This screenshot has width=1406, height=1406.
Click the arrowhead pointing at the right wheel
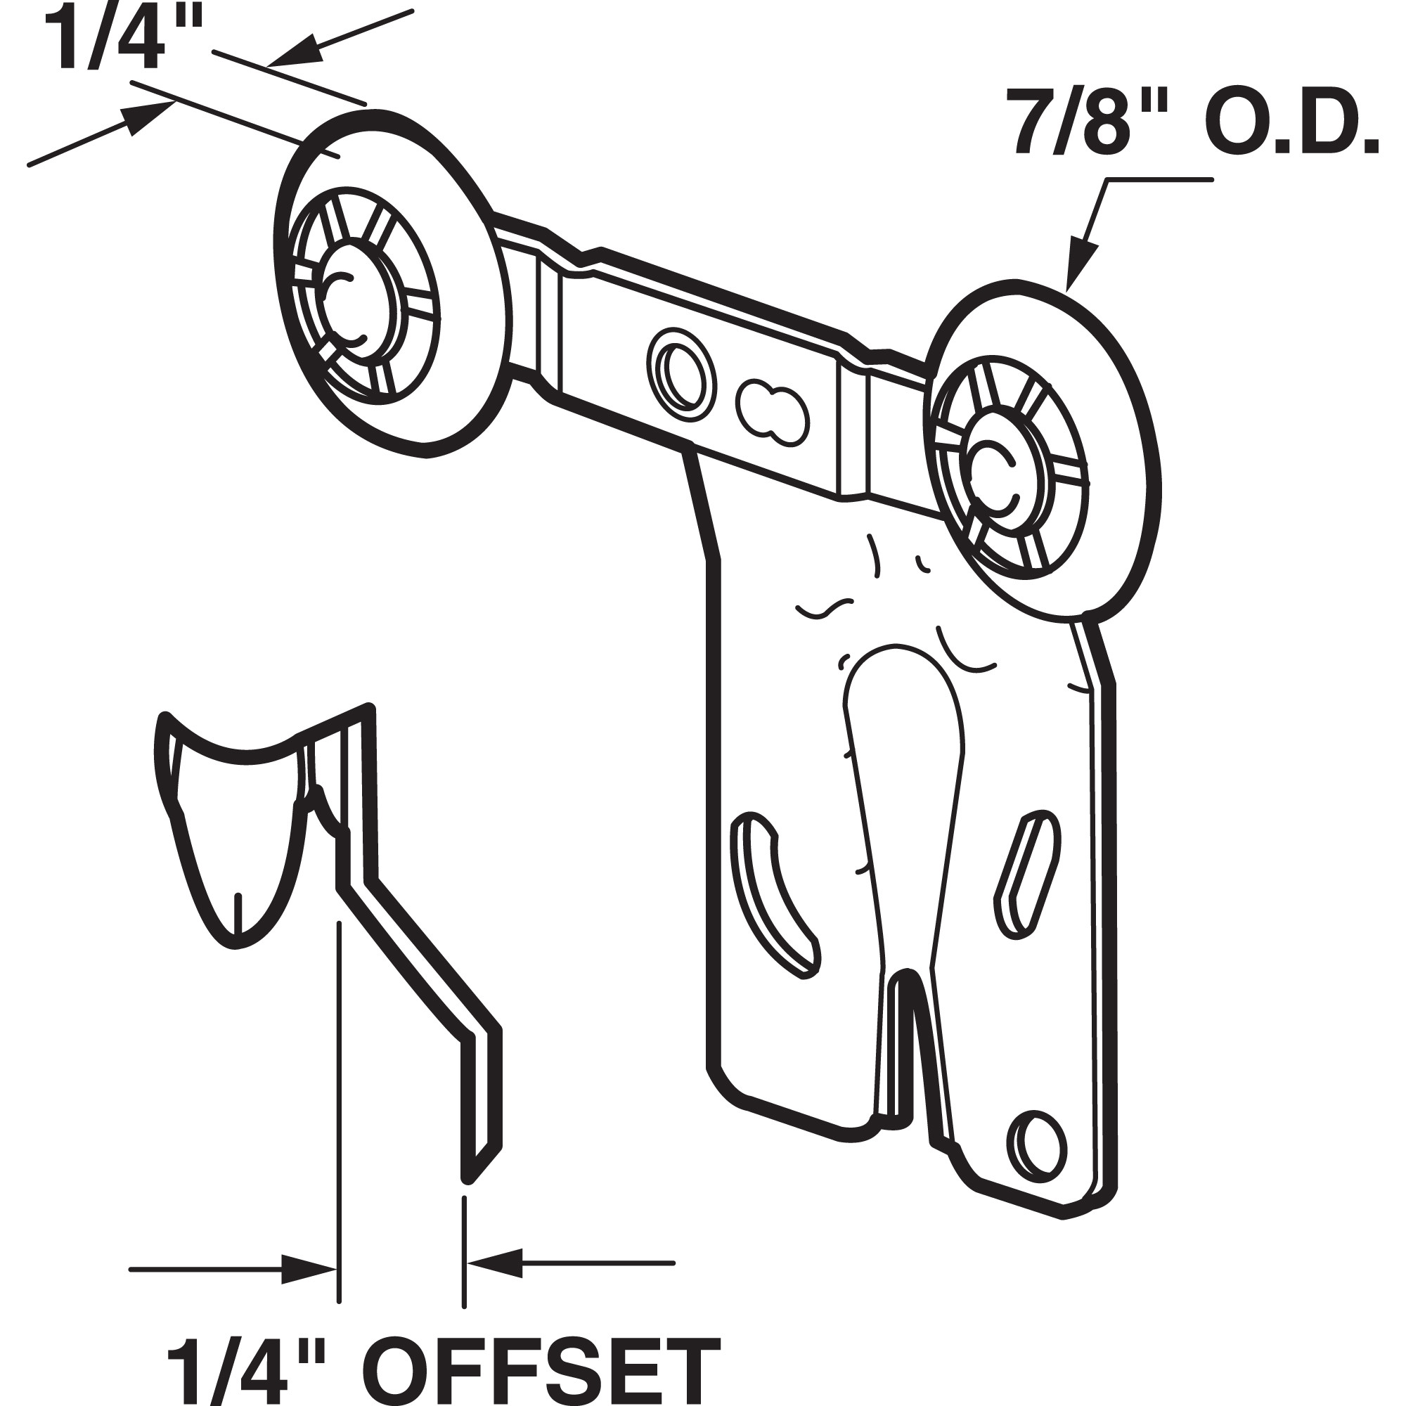click(1081, 269)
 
